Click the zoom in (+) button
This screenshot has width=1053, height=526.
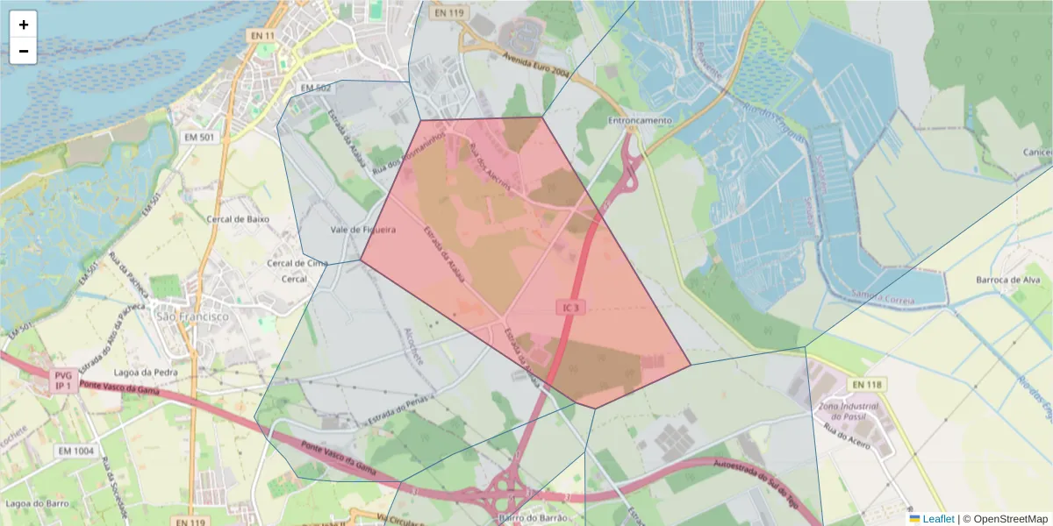[x=24, y=25]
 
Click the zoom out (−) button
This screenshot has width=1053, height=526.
[x=24, y=51]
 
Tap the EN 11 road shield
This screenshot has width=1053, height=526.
[x=261, y=36]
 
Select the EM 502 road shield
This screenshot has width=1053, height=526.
[x=315, y=89]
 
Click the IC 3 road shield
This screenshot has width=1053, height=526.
[x=569, y=307]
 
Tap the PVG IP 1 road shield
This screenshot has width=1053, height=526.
[x=62, y=380]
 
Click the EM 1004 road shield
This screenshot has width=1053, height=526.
[x=75, y=451]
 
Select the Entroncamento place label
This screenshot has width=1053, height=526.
[x=640, y=120]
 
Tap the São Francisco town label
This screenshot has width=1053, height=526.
[x=190, y=316]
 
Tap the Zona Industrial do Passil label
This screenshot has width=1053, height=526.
[x=848, y=412]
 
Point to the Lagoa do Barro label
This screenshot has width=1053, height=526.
[x=38, y=504]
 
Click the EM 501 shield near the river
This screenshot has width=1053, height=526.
[x=200, y=138]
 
